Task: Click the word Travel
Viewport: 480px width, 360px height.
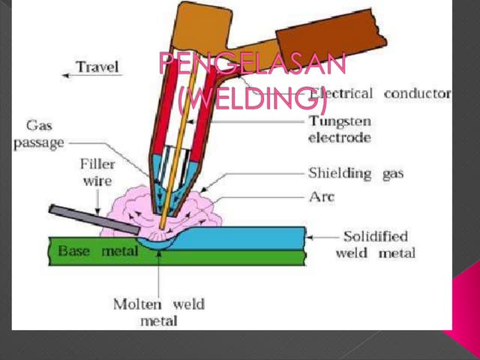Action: click(98, 67)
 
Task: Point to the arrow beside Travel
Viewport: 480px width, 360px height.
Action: click(67, 73)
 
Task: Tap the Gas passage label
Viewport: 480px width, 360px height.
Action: click(37, 134)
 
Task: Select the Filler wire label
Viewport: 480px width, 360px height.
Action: click(95, 172)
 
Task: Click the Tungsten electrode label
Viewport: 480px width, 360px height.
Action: click(339, 129)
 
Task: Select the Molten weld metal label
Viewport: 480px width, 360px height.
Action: click(158, 312)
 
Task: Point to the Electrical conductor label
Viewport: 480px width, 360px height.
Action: click(382, 94)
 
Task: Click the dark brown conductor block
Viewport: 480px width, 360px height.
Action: click(330, 34)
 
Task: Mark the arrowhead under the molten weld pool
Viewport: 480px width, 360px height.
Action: click(158, 254)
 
